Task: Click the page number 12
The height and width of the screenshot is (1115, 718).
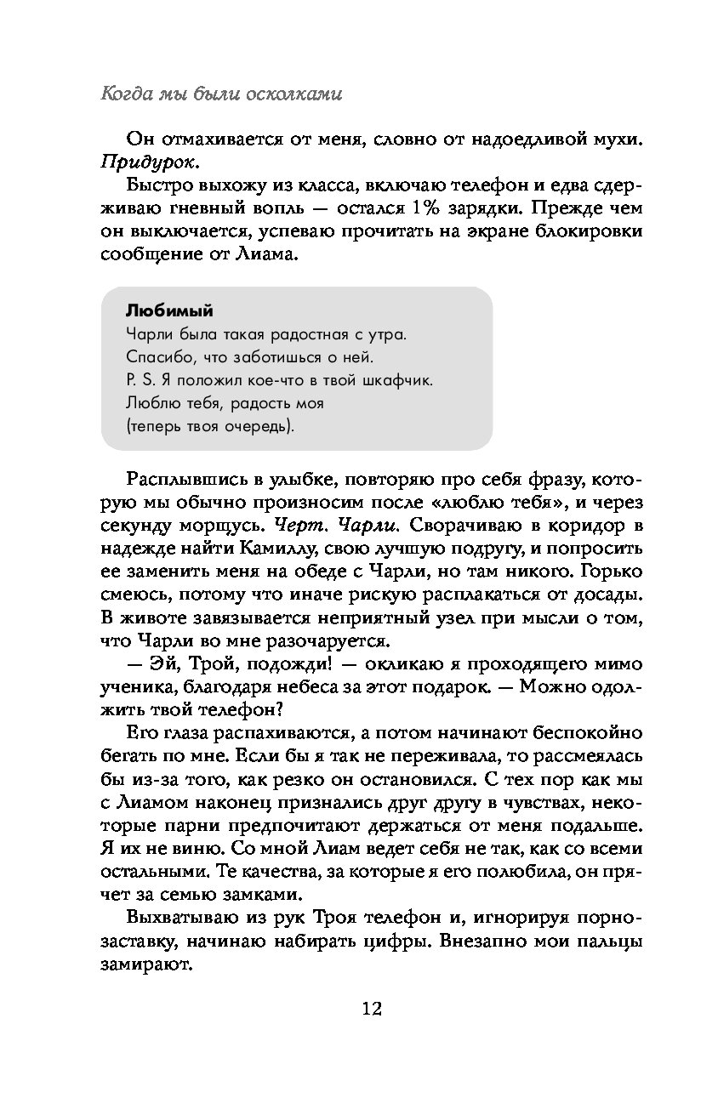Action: point(371,1009)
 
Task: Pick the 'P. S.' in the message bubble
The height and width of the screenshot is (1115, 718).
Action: point(140,378)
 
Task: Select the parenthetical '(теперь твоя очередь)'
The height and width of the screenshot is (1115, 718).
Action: point(210,424)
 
